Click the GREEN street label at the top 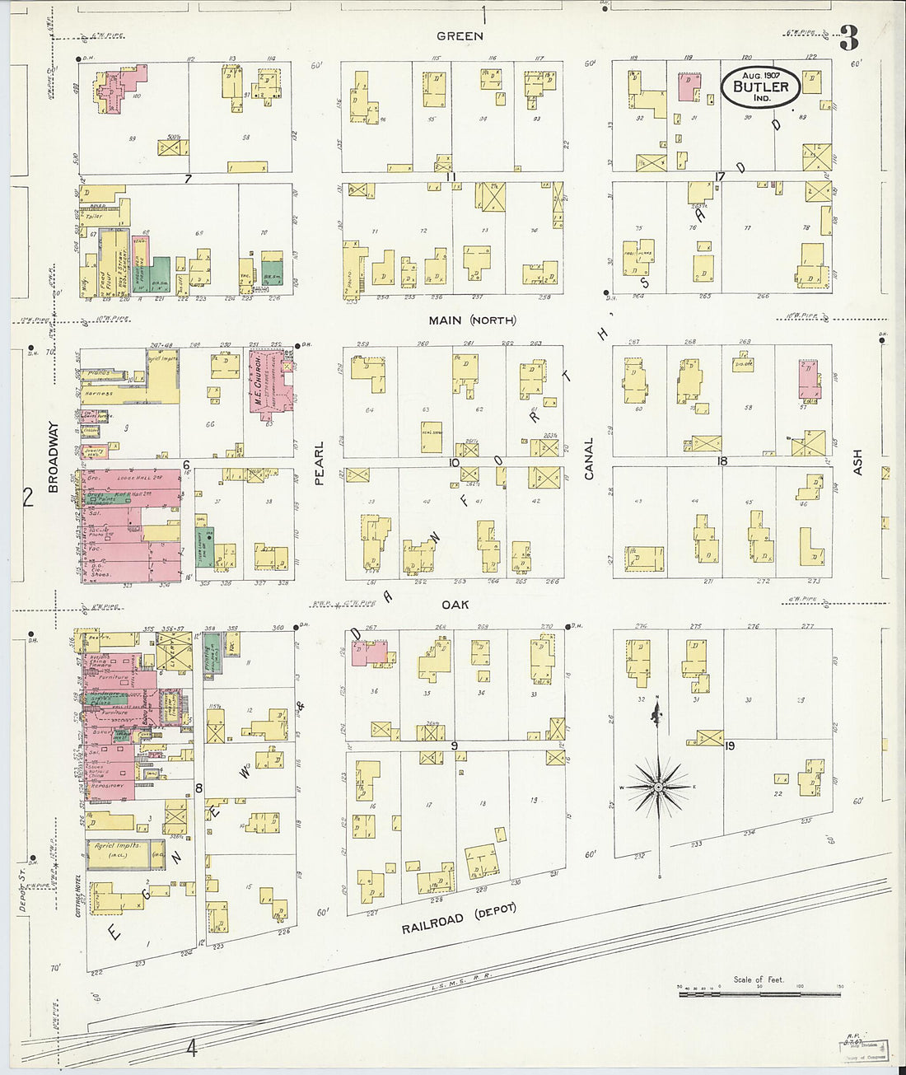point(460,36)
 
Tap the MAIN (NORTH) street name point(471,320)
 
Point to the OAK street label point(455,605)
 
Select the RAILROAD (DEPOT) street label point(459,918)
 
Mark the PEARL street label point(319,462)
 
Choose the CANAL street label point(588,457)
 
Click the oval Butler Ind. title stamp point(760,86)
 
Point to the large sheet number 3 point(848,38)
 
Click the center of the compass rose point(658,788)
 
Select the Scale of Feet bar point(759,993)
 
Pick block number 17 point(719,176)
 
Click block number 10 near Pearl point(453,463)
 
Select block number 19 point(729,745)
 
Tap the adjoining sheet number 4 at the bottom point(192,1049)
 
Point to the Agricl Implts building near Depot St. point(118,854)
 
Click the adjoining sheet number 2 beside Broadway point(27,497)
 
